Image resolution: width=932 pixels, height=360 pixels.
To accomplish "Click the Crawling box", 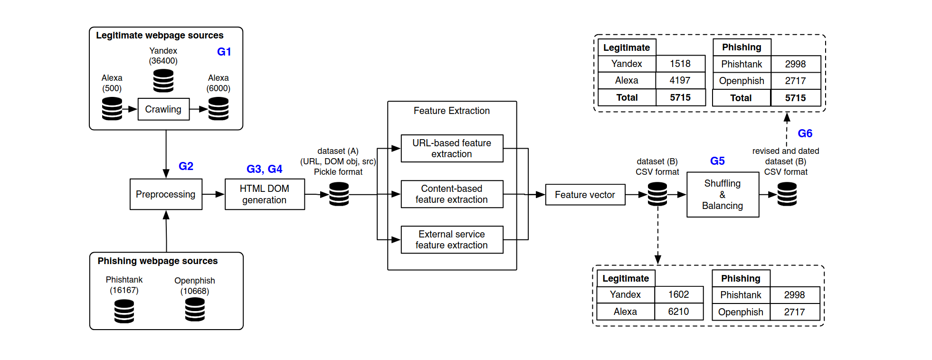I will (x=163, y=109).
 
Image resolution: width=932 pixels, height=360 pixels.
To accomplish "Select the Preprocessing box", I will (x=166, y=194).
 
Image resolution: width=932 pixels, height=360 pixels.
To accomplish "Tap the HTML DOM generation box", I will (x=265, y=194).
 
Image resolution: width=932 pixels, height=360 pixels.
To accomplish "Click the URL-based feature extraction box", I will (x=452, y=148).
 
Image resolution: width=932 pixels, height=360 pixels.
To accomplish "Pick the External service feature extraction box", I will (x=452, y=240).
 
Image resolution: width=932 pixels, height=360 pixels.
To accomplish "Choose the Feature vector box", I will (x=585, y=195).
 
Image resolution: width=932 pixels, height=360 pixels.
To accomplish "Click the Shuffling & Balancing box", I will (x=723, y=195).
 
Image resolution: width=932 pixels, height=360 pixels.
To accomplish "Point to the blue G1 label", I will (x=224, y=52).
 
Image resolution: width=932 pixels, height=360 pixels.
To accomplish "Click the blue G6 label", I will (x=805, y=133).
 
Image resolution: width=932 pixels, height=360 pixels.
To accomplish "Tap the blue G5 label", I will (x=717, y=161).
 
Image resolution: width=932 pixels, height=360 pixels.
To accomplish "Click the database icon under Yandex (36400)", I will (x=163, y=81).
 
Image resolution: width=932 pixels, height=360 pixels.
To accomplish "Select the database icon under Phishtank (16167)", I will (x=124, y=312).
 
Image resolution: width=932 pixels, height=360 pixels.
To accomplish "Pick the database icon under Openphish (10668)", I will (x=195, y=310).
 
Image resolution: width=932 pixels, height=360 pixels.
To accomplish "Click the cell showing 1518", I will (x=680, y=64).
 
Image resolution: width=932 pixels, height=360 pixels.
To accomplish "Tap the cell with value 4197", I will (x=680, y=80).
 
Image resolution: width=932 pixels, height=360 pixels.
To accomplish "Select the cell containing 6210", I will (x=678, y=312).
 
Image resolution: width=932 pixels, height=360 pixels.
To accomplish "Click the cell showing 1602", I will (x=678, y=294).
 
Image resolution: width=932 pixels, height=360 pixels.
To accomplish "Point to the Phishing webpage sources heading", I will (x=158, y=261).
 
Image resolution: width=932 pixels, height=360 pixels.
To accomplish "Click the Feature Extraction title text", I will (x=451, y=111).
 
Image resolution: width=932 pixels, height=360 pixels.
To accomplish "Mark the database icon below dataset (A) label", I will (x=339, y=194).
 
